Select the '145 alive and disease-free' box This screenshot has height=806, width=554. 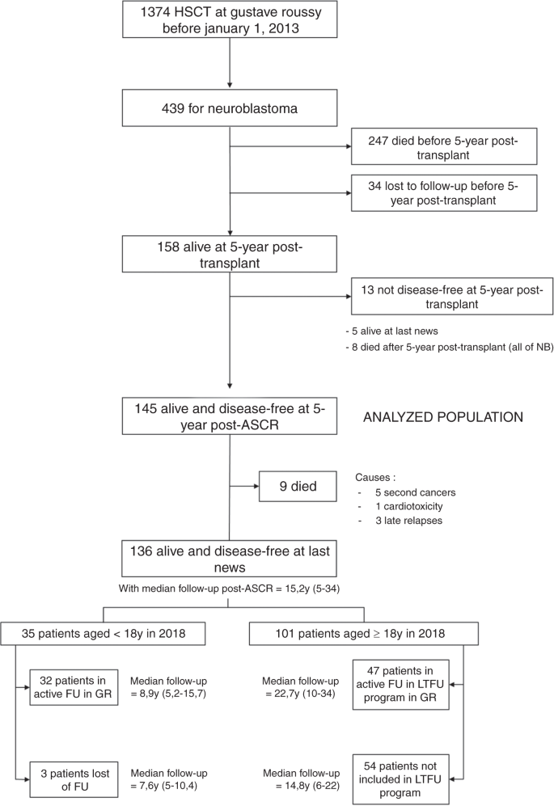(x=230, y=417)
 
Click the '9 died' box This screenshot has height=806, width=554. (x=293, y=487)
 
